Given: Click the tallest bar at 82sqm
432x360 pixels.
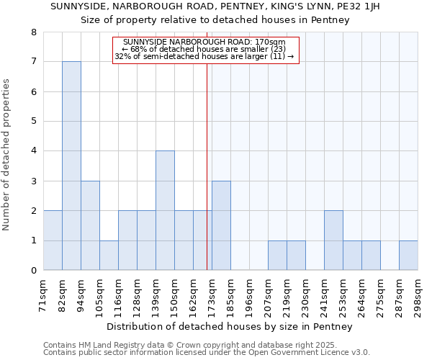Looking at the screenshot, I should tap(71, 166).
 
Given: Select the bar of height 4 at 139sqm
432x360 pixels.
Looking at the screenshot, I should tap(165, 210).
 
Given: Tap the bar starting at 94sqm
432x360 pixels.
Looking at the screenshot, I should tap(90, 225).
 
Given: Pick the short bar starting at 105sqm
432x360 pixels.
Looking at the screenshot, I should tap(109, 255).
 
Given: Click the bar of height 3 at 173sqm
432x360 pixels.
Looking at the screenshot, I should tap(221, 225).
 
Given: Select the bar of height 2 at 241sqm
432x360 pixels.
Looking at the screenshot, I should tap(333, 240).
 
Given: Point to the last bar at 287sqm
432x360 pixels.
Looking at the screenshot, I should tap(408, 255).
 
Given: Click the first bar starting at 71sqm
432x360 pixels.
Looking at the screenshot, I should tap(53, 240).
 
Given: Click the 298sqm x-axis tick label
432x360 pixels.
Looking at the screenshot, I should tap(418, 295).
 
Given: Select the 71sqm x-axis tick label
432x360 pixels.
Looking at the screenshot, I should tap(44, 295).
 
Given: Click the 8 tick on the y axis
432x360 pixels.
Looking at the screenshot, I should tap(33, 32).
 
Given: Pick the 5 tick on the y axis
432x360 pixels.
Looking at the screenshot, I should tap(33, 122).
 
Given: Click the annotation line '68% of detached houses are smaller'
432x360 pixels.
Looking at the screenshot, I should tap(206, 49).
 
